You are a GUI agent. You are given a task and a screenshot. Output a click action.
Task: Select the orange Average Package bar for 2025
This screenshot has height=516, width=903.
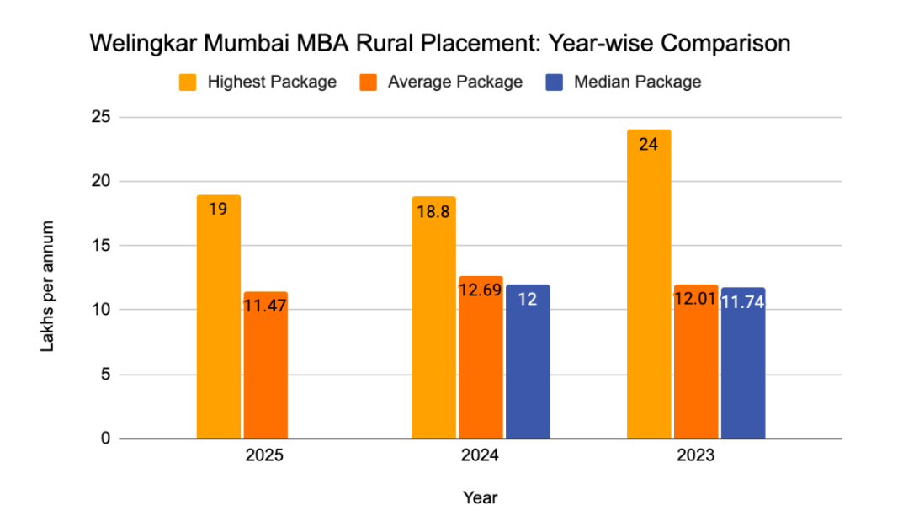click(266, 365)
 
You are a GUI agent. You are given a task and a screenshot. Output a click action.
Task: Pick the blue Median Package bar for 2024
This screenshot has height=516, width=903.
click(528, 362)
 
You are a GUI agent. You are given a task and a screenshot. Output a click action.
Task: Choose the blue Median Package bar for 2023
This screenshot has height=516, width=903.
click(743, 363)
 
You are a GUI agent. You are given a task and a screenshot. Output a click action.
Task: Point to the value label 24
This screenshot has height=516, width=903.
click(649, 144)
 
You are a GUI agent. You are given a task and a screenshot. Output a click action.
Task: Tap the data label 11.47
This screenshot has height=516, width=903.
click(266, 306)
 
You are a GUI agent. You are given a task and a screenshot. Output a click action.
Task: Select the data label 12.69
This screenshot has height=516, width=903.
click(481, 290)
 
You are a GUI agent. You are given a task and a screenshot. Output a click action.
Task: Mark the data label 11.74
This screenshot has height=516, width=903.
click(743, 301)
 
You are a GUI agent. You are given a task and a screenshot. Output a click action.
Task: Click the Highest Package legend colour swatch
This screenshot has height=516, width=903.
click(187, 82)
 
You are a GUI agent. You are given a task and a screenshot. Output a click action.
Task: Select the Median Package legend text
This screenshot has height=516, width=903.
click(637, 82)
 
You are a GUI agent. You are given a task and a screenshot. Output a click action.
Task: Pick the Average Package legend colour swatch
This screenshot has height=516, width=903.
click(368, 82)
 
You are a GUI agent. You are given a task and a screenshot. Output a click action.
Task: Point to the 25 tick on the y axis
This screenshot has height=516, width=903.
click(101, 117)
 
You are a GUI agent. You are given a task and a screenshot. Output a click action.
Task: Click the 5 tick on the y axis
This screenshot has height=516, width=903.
click(105, 375)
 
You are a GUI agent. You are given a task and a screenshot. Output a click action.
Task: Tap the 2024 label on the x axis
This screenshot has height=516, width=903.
click(480, 457)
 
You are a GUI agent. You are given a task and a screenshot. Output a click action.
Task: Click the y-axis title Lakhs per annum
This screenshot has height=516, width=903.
click(50, 286)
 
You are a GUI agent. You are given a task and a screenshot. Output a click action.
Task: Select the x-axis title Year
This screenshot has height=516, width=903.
click(480, 497)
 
